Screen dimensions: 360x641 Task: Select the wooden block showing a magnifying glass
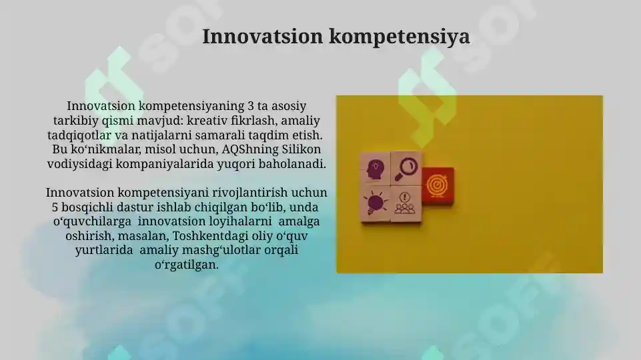[405, 168]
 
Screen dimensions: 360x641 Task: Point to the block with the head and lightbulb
[374, 169]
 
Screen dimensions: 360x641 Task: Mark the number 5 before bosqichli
[55, 207]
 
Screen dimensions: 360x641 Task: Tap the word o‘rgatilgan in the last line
[186, 265]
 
